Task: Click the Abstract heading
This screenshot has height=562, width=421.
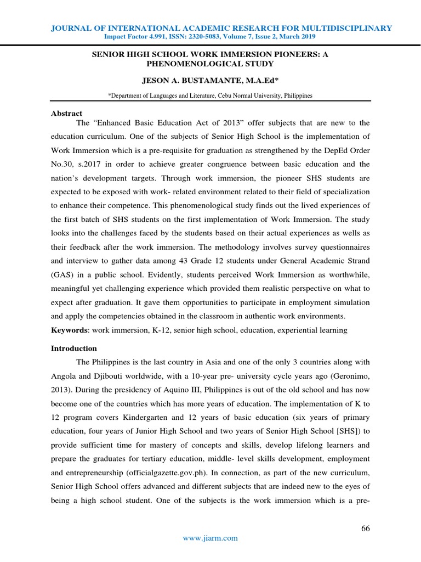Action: coord(66,114)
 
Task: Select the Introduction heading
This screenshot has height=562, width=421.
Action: coord(74,349)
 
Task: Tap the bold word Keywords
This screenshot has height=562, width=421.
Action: coord(69,330)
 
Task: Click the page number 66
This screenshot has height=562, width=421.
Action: coord(366,529)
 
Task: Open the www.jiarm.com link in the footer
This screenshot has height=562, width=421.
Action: coord(210,538)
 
